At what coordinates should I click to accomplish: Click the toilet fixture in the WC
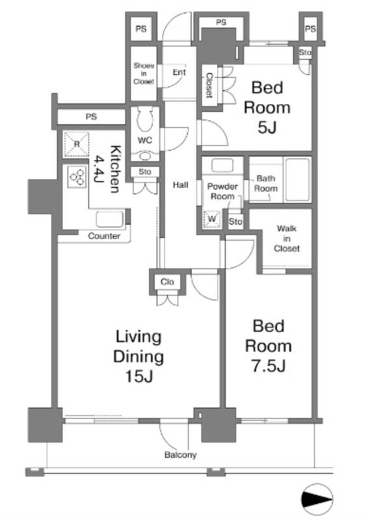coord(146,119)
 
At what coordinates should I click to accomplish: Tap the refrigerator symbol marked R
coord(77,144)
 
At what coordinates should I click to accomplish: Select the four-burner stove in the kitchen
coord(77,177)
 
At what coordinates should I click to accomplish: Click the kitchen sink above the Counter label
coord(110,219)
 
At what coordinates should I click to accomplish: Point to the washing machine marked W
coord(212,219)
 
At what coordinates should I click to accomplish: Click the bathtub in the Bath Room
coord(298,179)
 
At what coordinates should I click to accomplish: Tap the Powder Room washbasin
coord(222,166)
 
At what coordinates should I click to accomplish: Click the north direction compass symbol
coord(317,499)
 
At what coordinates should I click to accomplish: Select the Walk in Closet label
coord(287,239)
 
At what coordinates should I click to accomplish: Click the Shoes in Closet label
coord(144,73)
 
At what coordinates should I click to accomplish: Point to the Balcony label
coord(181,454)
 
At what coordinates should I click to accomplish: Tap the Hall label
coord(181,185)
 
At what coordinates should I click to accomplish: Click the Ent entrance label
coord(179,72)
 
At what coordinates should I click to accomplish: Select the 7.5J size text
coord(269,366)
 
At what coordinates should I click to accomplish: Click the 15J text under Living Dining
coord(139,376)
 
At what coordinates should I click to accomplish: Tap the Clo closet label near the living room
coord(167,282)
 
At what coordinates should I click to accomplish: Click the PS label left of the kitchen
coord(91,117)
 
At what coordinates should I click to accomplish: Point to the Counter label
coord(104,236)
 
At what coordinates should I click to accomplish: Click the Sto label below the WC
coord(145,172)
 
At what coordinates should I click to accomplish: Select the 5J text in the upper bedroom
coord(267,127)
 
